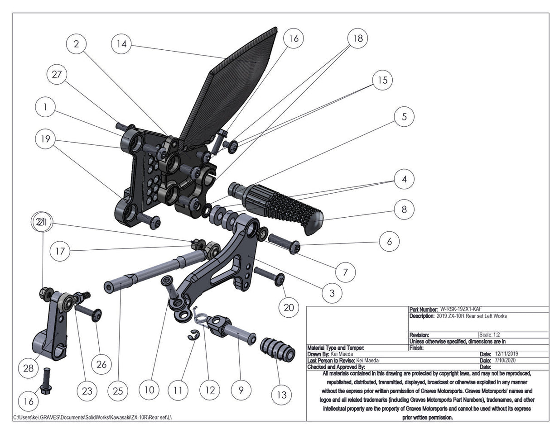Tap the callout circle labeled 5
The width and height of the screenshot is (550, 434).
404,116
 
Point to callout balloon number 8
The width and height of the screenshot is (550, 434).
404,209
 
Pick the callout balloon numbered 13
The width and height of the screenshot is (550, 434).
281,395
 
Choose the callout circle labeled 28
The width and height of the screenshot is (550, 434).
29,368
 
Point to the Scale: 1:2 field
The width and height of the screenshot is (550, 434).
489,334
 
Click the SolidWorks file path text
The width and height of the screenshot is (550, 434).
93,417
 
